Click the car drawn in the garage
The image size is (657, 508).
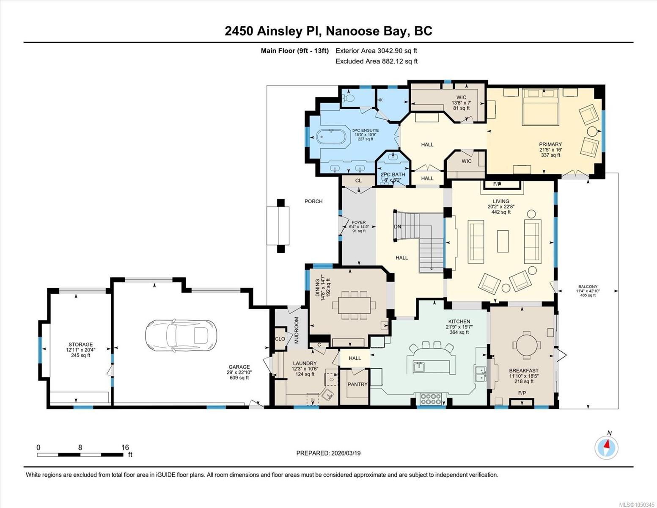[x=181, y=335]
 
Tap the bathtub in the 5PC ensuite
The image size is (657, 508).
[x=331, y=138]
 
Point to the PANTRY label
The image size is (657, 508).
[x=357, y=384]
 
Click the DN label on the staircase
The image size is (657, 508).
[x=398, y=226]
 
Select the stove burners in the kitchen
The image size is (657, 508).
[x=431, y=399]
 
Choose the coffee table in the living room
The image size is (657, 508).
[x=503, y=241]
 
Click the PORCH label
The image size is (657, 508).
[x=313, y=201]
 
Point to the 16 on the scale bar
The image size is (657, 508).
[x=125, y=447]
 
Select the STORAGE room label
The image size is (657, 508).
[x=80, y=344]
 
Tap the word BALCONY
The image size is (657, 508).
[x=588, y=287]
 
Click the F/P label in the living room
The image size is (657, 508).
[x=497, y=184]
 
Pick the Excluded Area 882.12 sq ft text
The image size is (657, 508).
[x=377, y=61]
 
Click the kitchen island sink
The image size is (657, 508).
[x=419, y=367]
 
